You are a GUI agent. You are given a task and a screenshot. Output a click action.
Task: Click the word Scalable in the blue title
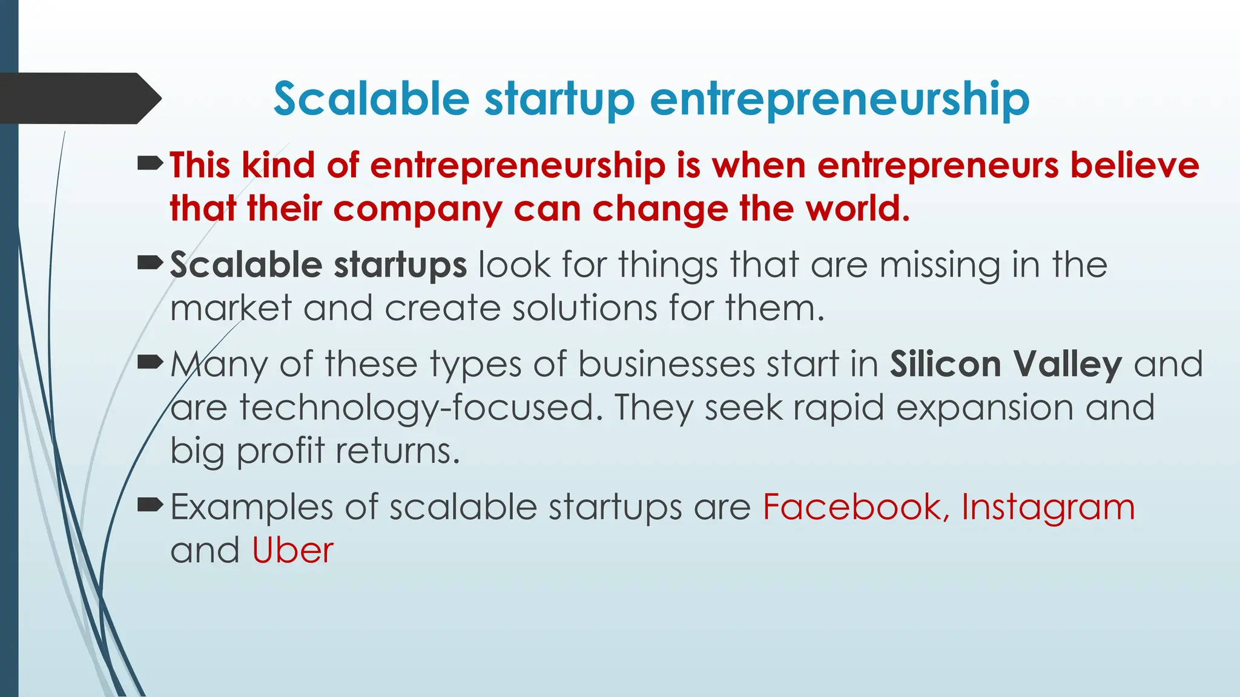pos(371,99)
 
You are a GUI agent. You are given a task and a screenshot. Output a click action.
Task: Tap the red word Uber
pos(292,551)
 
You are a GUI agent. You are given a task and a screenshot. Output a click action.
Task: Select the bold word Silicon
pos(945,364)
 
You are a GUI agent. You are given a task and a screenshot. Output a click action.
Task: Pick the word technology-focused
pos(417,408)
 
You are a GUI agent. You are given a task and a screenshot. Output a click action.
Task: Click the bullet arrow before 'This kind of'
pos(150,163)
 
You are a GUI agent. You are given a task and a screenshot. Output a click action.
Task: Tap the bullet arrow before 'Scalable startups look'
pos(150,263)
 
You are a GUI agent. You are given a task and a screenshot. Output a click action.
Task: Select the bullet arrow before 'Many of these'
pos(150,362)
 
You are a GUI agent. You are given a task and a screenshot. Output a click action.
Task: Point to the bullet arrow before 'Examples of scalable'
pos(150,505)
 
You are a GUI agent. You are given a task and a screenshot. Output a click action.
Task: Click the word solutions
pos(584,308)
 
